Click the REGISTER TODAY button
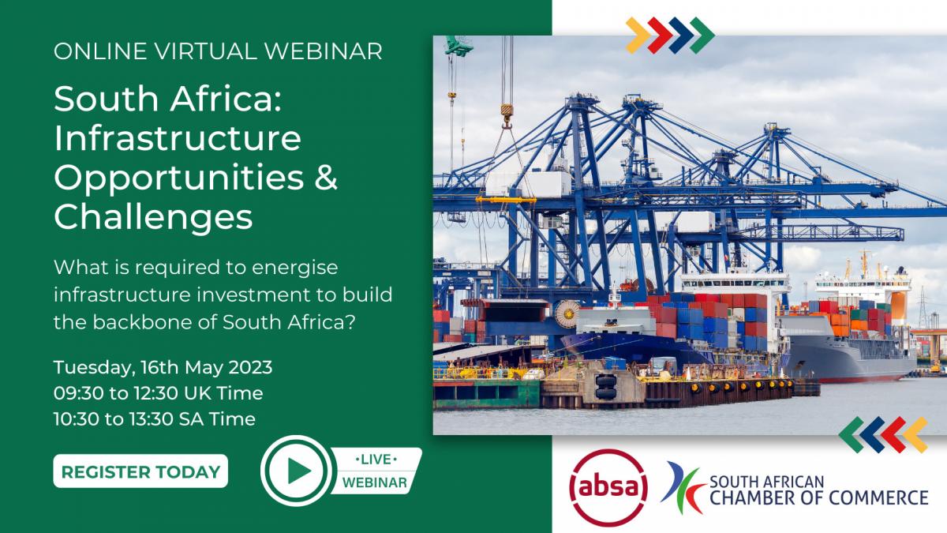[x=140, y=471]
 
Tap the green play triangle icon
[x=298, y=471]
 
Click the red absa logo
[x=608, y=488]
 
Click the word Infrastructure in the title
[x=178, y=138]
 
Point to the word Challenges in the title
[x=153, y=216]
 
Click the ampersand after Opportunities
[x=326, y=177]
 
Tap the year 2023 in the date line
[x=250, y=367]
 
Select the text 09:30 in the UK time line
[x=78, y=393]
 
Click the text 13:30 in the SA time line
[x=150, y=419]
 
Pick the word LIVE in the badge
[x=376, y=460]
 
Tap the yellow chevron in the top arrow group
[x=637, y=35]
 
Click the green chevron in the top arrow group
[x=702, y=35]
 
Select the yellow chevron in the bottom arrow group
[x=915, y=435]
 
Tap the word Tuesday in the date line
[x=92, y=368]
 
